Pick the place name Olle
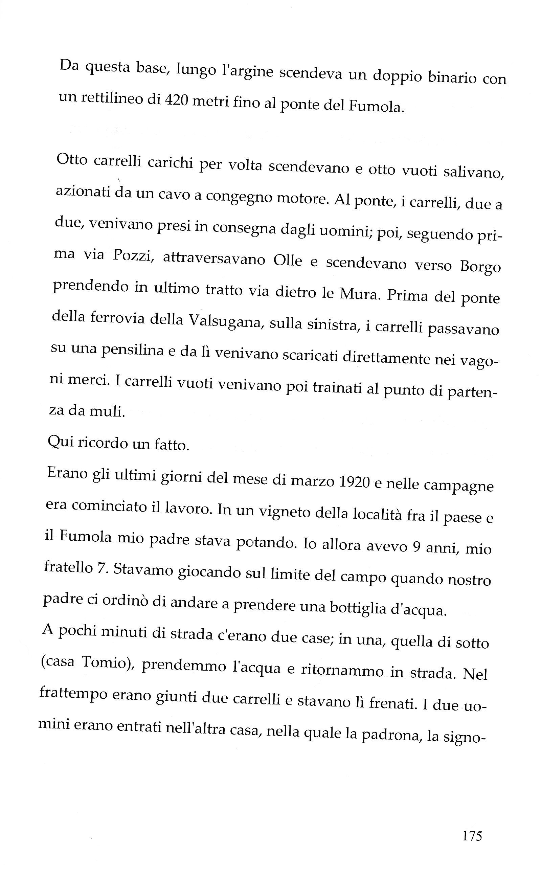coord(288,260)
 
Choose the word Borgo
coord(480,267)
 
